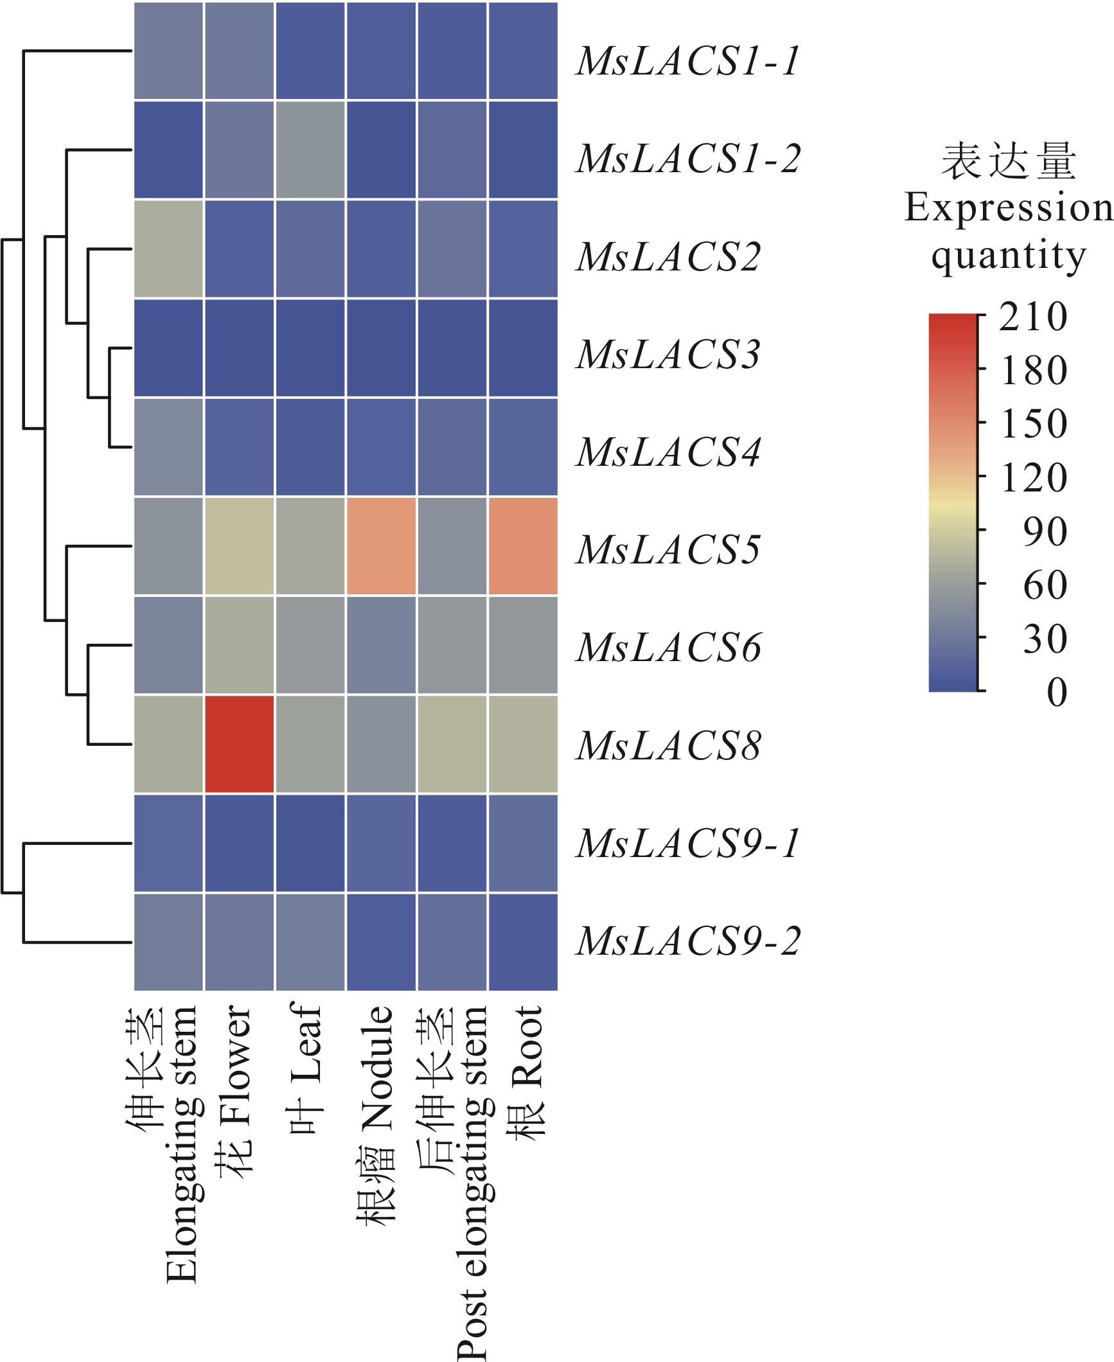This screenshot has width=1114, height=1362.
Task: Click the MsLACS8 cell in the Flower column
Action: pyautogui.click(x=240, y=744)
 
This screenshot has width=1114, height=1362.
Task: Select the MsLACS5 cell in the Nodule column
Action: pyautogui.click(x=381, y=546)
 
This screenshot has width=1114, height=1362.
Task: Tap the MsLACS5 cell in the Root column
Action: pyautogui.click(x=523, y=546)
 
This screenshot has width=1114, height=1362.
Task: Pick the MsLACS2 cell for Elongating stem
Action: pyautogui.click(x=169, y=249)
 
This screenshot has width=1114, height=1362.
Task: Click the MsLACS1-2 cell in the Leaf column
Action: pyautogui.click(x=310, y=150)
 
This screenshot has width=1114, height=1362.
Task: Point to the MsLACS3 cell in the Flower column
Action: pyautogui.click(x=240, y=348)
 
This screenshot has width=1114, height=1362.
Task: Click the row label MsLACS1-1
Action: pyautogui.click(x=687, y=62)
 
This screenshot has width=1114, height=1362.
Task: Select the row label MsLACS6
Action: pyautogui.click(x=668, y=647)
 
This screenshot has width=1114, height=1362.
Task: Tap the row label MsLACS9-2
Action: pyautogui.click(x=687, y=942)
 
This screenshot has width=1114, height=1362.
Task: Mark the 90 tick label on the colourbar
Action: pyautogui.click(x=1044, y=532)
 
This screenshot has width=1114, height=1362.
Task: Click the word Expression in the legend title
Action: pyautogui.click(x=1007, y=208)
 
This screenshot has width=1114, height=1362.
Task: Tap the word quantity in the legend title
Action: pyautogui.click(x=1007, y=257)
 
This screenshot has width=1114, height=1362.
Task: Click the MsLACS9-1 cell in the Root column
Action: pyautogui.click(x=523, y=843)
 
